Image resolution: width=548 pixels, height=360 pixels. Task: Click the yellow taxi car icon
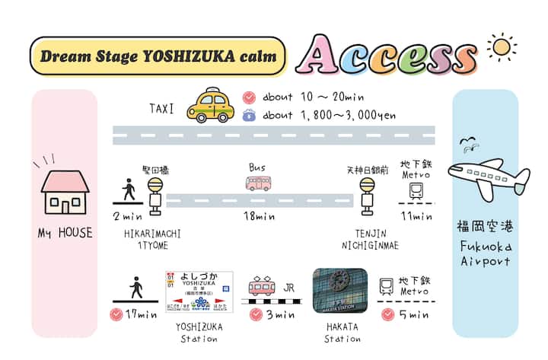tap(209, 105)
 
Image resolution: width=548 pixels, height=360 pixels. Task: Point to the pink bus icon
tap(258, 183)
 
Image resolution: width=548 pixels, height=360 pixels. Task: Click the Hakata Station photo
tap(340, 290)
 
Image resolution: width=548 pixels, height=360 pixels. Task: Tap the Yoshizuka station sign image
tap(199, 290)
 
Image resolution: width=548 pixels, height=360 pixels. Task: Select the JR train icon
tap(263, 288)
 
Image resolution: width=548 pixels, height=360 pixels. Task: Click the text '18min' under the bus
tap(259, 218)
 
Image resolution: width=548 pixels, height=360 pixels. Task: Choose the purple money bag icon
tap(249, 116)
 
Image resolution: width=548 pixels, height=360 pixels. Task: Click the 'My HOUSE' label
tap(65, 233)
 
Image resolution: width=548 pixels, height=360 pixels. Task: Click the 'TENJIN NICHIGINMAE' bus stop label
tap(371, 239)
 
